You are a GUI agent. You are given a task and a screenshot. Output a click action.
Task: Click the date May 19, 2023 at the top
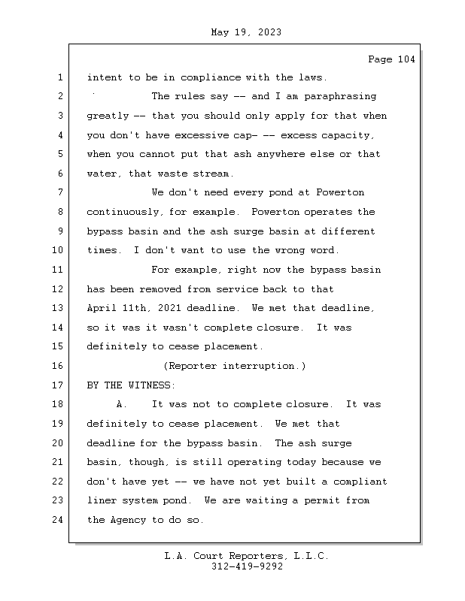247,32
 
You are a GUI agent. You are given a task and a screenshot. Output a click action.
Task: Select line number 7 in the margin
59,193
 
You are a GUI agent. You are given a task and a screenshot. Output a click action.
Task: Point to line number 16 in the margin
59,366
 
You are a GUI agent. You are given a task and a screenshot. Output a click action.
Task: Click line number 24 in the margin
59,520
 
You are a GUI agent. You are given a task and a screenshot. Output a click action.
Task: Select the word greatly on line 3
108,116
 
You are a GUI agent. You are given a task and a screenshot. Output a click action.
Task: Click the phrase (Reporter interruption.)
235,366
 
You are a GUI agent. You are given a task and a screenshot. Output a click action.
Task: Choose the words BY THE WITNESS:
130,385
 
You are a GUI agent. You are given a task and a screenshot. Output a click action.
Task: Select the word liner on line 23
104,501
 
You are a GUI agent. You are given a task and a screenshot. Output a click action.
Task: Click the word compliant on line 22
358,482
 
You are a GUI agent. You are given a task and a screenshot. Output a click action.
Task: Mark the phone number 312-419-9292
247,567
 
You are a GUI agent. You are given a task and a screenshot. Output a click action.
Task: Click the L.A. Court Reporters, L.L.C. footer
247,557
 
